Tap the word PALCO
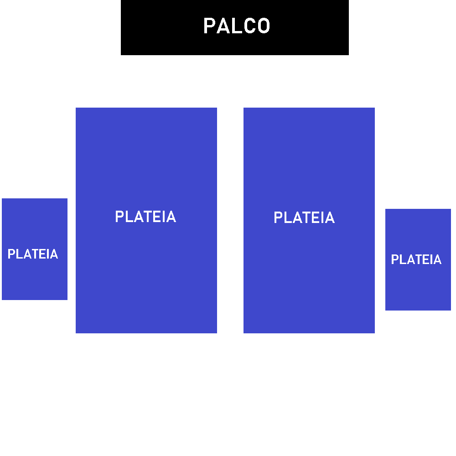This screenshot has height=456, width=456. [237, 26]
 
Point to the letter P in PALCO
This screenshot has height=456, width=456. [208, 26]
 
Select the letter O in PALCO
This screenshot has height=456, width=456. [264, 26]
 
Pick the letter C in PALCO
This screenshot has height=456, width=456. [250, 26]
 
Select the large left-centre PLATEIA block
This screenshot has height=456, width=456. [146, 274]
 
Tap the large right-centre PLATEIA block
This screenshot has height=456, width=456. [309, 274]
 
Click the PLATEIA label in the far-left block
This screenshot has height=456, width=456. [33, 254]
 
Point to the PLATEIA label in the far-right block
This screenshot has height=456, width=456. [416, 259]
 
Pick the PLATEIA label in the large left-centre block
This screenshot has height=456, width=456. [145, 217]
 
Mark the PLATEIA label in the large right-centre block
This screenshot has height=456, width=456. [304, 218]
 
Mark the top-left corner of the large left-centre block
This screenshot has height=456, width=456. [76, 108]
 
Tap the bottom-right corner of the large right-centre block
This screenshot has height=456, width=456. [374, 332]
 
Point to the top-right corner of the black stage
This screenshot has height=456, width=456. [348, 1]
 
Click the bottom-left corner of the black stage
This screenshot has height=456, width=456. [122, 54]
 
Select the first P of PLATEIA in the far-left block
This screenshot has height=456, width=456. [11, 254]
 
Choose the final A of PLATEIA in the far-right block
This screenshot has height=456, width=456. [437, 259]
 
